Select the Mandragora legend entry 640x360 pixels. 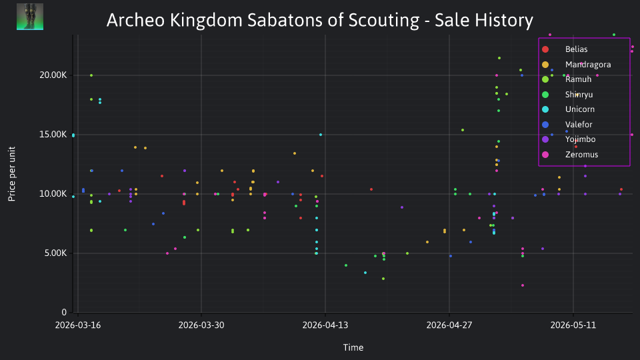click(x=576, y=65)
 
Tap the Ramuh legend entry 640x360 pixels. click(x=567, y=79)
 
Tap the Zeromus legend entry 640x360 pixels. click(x=570, y=154)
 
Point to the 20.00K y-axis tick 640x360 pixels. click(x=53, y=75)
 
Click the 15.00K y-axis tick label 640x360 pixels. click(x=53, y=135)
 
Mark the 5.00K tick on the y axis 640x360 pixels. click(x=55, y=253)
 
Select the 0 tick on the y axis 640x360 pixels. click(x=64, y=312)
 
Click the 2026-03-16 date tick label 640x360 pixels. click(x=78, y=325)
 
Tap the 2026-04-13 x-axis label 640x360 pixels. click(x=325, y=325)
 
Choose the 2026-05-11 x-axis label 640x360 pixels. click(x=573, y=325)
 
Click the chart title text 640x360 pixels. click(x=320, y=20)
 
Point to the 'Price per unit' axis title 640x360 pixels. click(x=12, y=174)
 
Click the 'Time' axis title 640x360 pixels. click(x=353, y=347)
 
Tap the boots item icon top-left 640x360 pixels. click(x=30, y=17)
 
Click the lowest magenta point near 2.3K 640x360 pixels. click(x=523, y=285)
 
